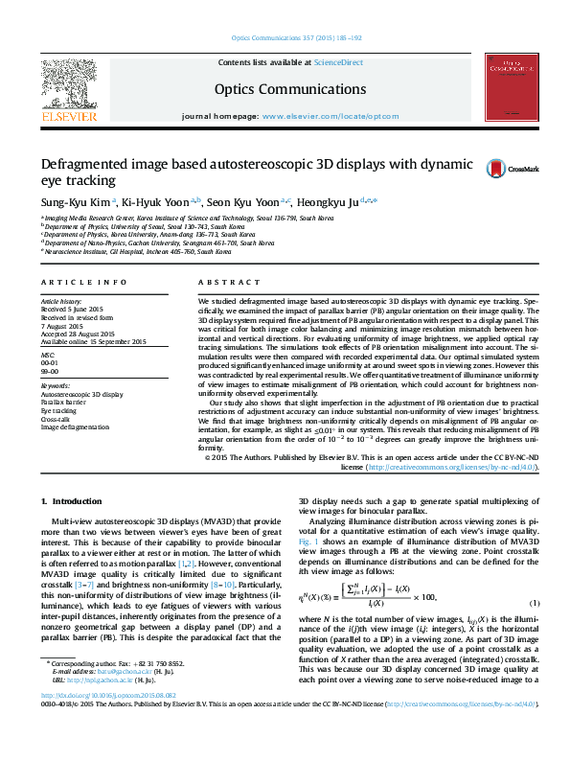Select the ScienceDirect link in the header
tap(339, 62)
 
